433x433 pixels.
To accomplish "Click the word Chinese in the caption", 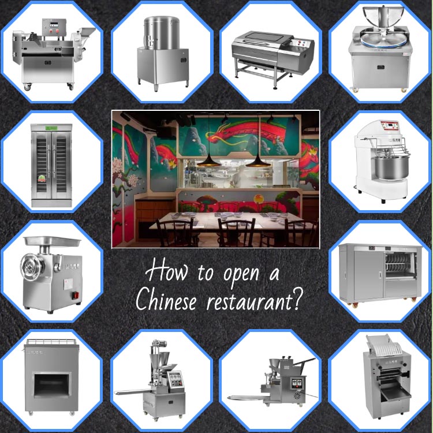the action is coord(166,299).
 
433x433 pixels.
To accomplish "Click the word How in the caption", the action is coord(166,271).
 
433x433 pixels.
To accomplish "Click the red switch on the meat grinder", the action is coord(76,296).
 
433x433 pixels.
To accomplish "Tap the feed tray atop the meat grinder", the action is coord(52,241).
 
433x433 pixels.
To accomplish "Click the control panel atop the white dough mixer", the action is coord(390,126).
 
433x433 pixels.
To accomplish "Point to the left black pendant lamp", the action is coord(208,161).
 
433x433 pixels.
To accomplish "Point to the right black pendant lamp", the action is coord(258,161).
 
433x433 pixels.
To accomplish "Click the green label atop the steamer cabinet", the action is coord(51,128).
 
